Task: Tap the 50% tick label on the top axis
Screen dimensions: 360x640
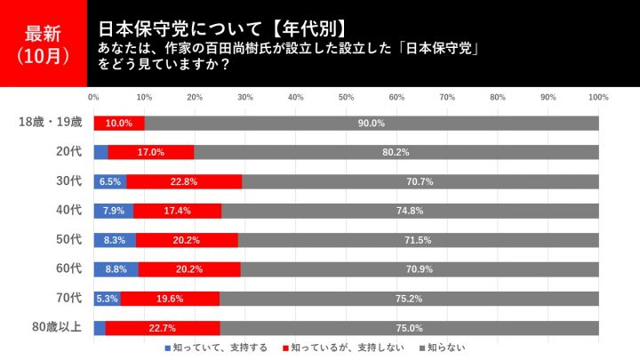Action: (346, 97)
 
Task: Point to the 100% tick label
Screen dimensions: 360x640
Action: (598, 97)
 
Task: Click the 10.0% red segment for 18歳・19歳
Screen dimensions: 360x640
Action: (119, 124)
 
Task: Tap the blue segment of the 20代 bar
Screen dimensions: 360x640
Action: (100, 152)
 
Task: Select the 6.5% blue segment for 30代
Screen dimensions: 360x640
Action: (109, 181)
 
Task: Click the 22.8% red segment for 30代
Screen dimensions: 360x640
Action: (184, 181)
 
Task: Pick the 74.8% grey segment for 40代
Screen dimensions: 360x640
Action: (410, 211)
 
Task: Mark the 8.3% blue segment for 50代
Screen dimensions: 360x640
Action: (114, 240)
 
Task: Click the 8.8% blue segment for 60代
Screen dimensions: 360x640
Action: (116, 268)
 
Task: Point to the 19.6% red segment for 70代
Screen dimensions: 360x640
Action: (169, 298)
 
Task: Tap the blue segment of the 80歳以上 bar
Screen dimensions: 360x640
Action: (99, 326)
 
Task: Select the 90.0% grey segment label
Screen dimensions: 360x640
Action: (371, 124)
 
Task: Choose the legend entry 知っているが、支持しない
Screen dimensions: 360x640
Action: (334, 348)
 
